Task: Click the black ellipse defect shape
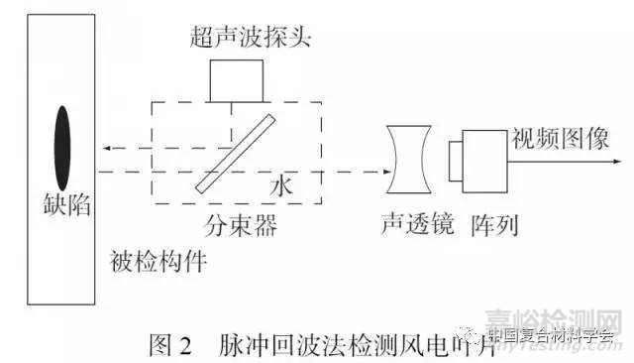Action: (61, 139)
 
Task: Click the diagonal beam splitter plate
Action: (235, 154)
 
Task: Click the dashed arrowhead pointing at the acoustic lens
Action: (380, 171)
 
